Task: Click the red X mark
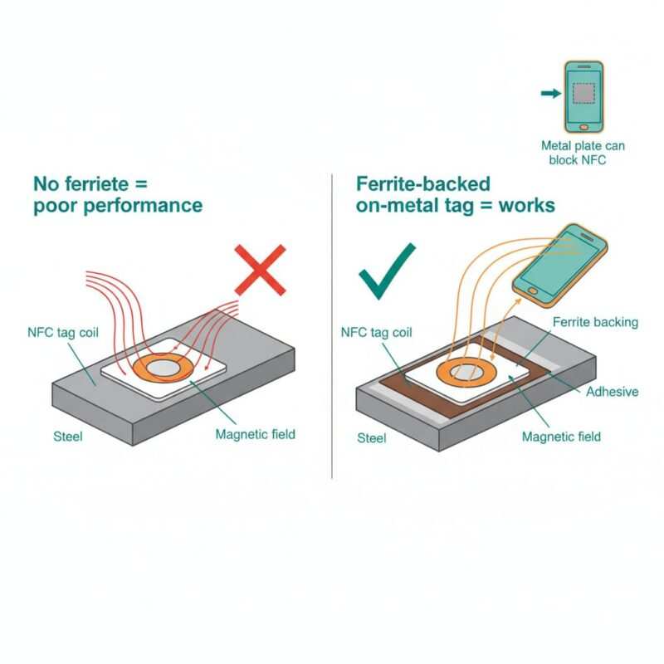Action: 260,270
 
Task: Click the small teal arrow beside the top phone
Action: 551,93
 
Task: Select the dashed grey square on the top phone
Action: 583,93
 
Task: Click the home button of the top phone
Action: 584,127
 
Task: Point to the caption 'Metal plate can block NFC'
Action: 583,153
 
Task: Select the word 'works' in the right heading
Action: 526,205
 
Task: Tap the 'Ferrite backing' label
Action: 595,322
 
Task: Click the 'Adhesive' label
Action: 612,392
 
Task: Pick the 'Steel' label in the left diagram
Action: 68,437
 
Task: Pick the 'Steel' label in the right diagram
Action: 371,438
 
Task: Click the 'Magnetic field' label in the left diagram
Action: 255,434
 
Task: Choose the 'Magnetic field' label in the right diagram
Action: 561,437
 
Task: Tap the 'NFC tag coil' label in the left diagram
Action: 63,333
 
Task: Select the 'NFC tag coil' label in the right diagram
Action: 376,333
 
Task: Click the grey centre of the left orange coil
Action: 164,369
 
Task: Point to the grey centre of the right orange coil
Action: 466,372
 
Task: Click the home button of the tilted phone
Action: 533,290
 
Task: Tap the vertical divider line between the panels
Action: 332,326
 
